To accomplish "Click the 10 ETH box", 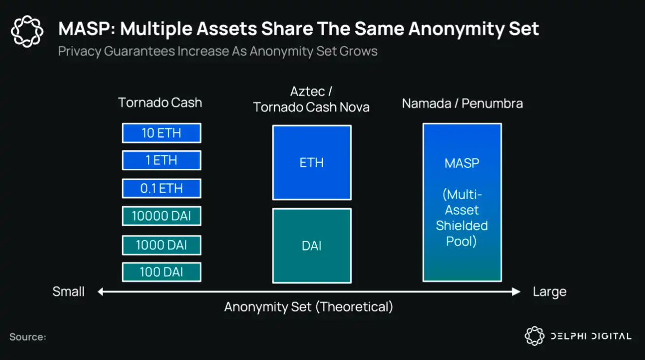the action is [161, 133].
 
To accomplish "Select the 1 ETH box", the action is [161, 160].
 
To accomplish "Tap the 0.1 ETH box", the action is [161, 188].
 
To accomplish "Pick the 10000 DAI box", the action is [161, 216].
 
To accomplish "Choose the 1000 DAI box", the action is [161, 245].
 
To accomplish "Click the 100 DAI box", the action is [161, 272].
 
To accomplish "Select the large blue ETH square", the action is [312, 162].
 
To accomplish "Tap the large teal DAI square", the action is [312, 246].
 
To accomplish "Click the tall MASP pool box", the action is [462, 202].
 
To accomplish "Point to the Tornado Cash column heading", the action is [160, 103].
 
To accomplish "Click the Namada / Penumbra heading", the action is [462, 104].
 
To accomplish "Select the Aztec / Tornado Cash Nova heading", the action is [311, 99].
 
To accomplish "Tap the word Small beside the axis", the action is [69, 291].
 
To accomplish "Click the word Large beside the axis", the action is [549, 292].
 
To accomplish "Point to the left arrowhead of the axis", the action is [100, 292].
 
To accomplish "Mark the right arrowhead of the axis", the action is [516, 292].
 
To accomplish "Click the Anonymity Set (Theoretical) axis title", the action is [309, 307].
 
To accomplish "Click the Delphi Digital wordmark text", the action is [591, 336].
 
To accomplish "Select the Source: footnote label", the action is [28, 337].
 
